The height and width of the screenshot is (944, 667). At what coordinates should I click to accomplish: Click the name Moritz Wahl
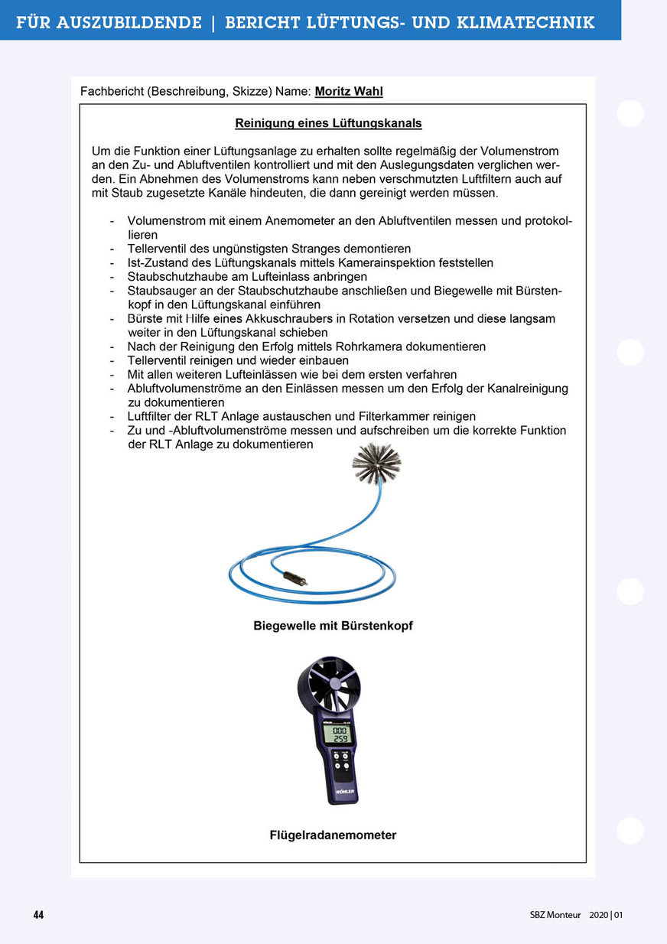pos(349,92)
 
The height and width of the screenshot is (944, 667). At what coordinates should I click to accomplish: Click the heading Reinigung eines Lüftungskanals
pos(328,123)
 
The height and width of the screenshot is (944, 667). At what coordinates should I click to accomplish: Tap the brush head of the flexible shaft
pos(376,463)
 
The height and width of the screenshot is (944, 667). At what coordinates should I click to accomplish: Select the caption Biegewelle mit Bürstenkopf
pos(333,626)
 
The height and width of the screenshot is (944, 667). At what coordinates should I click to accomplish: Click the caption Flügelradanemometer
pos(333,835)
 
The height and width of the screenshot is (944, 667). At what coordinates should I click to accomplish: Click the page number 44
pos(38,915)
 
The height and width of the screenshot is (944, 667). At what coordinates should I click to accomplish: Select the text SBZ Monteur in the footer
pos(555,915)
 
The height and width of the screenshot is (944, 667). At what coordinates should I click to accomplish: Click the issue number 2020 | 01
pos(607,915)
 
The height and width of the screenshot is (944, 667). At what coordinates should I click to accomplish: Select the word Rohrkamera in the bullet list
pos(379,347)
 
